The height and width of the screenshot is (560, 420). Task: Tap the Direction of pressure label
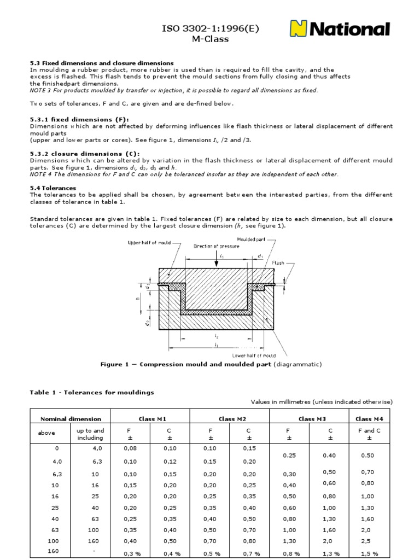217,246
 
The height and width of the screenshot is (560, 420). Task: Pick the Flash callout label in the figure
280,262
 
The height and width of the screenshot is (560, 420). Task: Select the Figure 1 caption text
210,364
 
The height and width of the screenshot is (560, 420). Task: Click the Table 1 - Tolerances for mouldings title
91,392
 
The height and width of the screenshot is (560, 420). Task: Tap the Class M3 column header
310,419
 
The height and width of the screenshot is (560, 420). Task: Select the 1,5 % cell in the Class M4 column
369,553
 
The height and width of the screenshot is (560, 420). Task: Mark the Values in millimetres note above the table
322,401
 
